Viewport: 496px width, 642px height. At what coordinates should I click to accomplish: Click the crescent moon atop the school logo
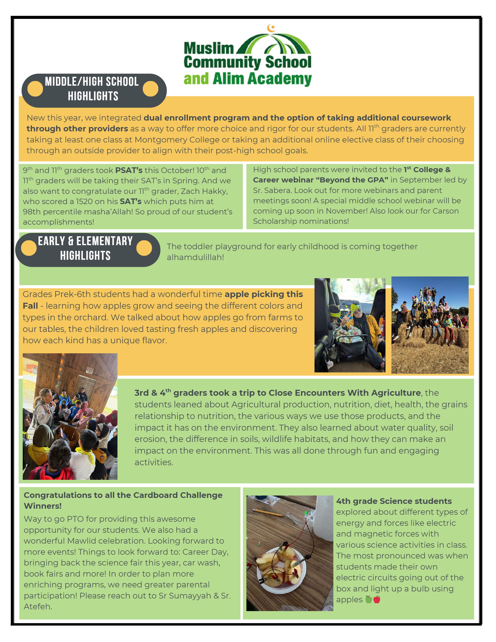click(271, 28)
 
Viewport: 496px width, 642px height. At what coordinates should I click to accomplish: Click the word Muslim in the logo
click(209, 48)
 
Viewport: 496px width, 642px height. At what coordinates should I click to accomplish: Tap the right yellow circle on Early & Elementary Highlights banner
click(144, 248)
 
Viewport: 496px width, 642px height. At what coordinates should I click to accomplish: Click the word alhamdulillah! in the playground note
click(195, 258)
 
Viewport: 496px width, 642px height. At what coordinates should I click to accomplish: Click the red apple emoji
click(377, 599)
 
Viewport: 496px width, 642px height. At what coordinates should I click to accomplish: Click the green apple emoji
click(368, 599)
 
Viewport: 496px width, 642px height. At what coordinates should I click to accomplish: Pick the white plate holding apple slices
click(281, 572)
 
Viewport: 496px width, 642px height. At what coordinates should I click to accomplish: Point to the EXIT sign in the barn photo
click(89, 371)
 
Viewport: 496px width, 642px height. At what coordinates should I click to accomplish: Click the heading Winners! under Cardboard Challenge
click(43, 506)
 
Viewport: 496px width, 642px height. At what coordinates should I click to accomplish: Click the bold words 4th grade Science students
click(394, 501)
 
